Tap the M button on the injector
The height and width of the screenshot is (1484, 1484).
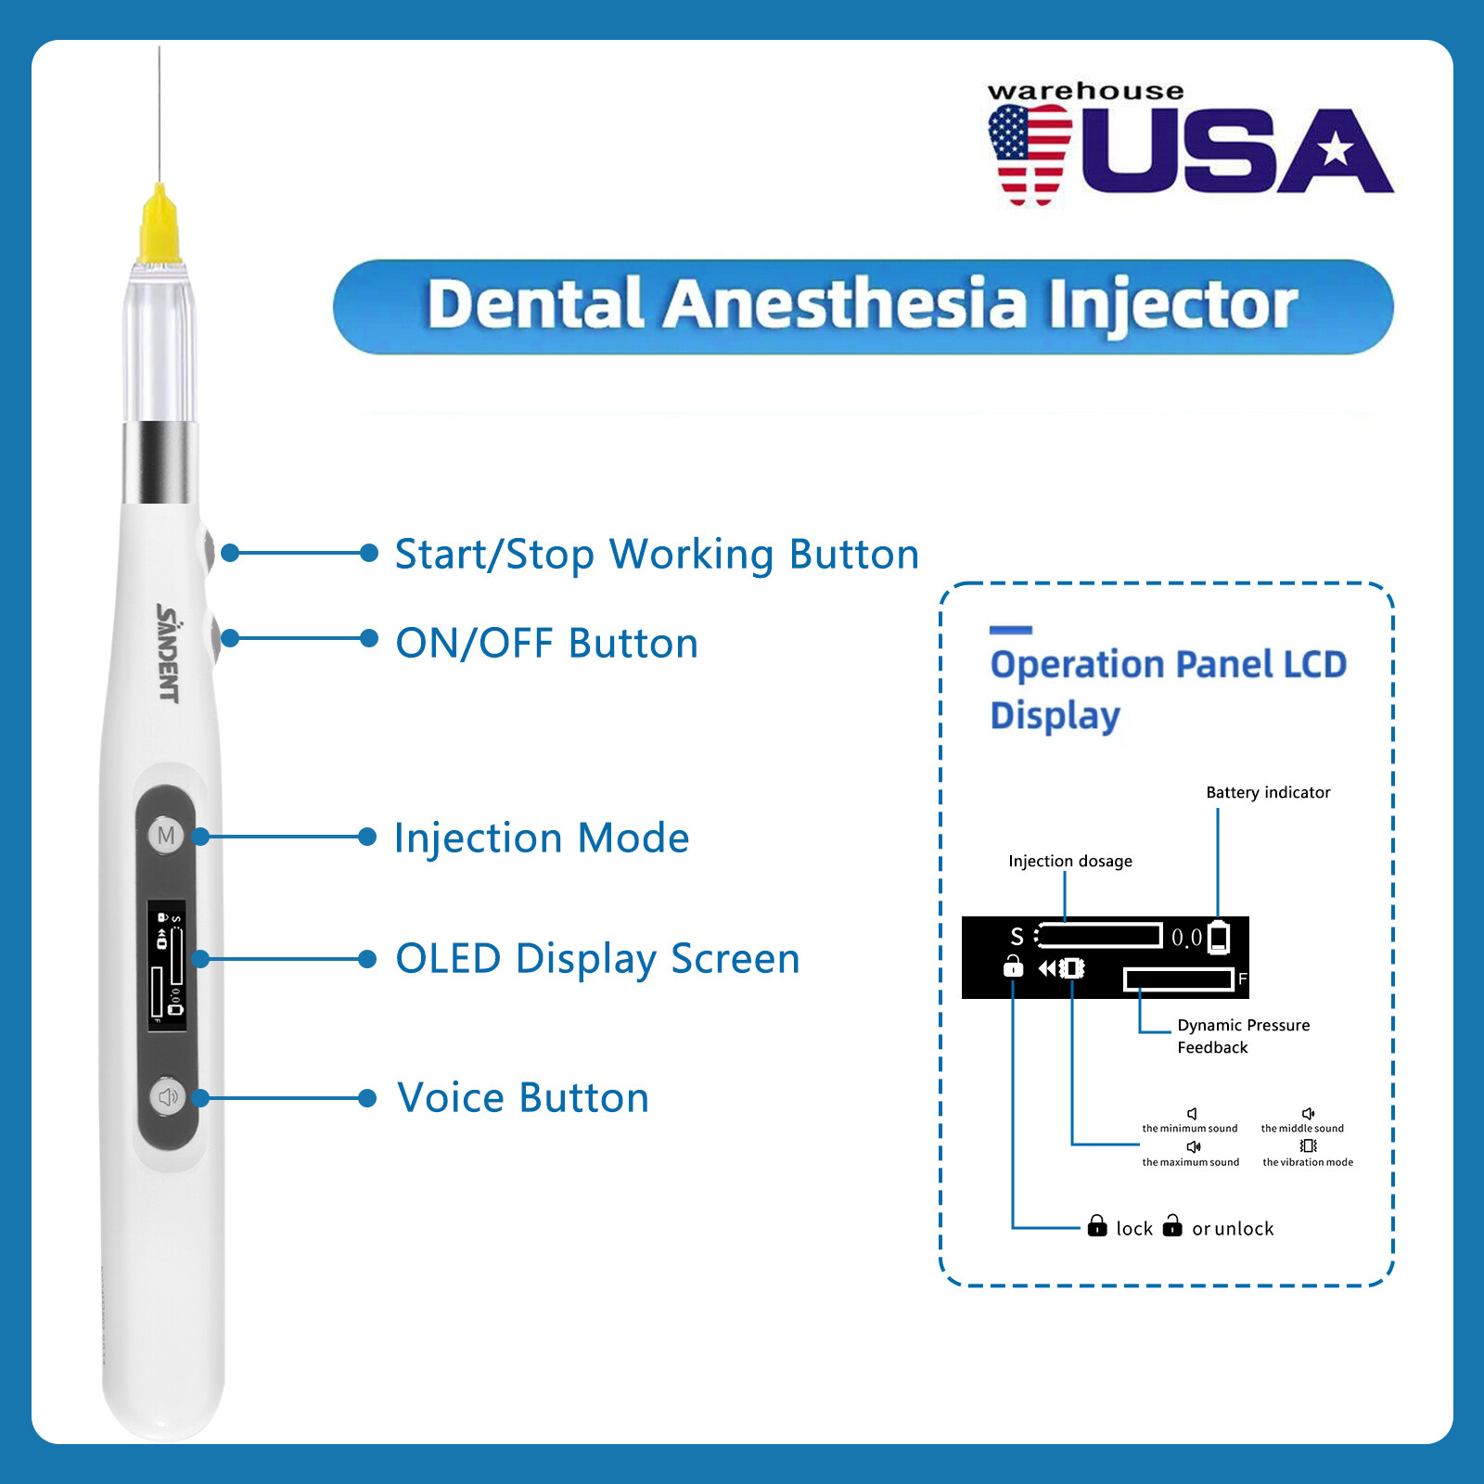pos(166,836)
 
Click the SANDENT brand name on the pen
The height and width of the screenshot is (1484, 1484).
pos(168,653)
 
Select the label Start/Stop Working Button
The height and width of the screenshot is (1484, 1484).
pos(657,555)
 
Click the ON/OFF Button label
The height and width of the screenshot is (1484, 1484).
pos(546,643)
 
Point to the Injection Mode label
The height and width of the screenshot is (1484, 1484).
pos(542,838)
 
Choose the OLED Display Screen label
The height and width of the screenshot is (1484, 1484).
pos(597,959)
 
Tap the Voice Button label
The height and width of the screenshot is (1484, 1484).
pos(523,1098)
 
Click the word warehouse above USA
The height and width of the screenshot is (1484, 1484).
pos(1085,91)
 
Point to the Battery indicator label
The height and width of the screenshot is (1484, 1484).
pos(1268,793)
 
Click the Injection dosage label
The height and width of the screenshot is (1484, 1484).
pos(1070,862)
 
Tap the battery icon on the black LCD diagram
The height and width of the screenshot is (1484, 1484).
pos(1219,938)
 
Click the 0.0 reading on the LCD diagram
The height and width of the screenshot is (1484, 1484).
pos(1186,938)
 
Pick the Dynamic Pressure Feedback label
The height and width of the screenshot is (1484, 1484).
pos(1243,1036)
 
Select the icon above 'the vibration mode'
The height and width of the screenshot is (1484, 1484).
pos(1308,1146)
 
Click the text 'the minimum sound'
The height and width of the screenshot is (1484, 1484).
pos(1190,1129)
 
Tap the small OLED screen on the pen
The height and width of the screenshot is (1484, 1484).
pos(167,965)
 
